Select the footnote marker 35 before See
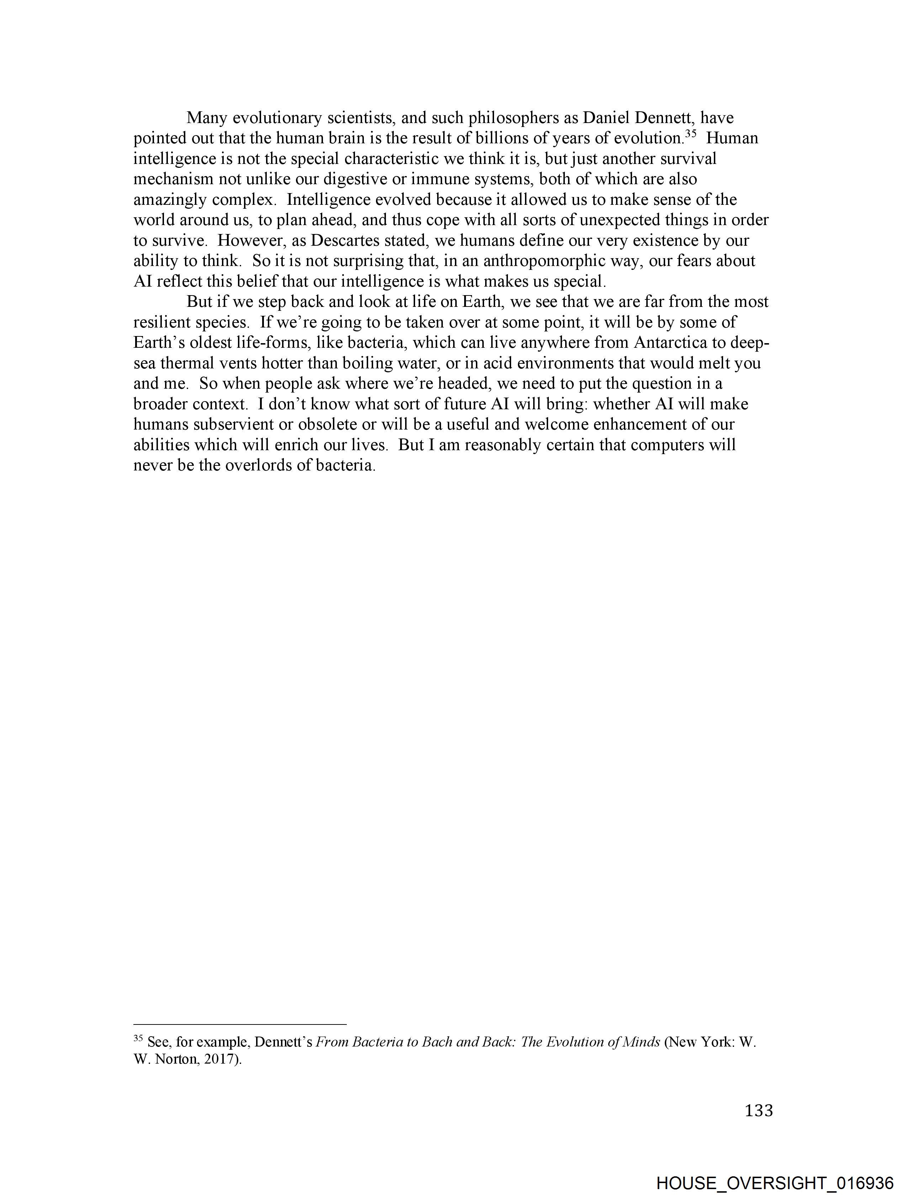click(138, 1038)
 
